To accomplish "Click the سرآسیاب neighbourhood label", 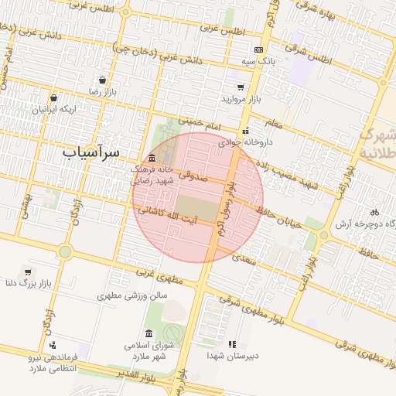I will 91,152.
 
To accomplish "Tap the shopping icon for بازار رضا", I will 103,80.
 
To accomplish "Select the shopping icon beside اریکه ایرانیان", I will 53,97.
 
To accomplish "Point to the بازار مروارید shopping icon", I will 241,87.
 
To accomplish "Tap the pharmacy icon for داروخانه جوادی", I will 246,131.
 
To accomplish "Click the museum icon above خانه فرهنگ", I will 152,158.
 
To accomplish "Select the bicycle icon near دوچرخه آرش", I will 374,212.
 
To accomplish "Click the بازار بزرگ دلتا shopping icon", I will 28,272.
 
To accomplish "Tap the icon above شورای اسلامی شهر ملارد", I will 148,333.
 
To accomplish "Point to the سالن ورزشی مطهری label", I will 132,295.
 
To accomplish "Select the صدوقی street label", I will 193,176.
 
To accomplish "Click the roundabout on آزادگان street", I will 65,251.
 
